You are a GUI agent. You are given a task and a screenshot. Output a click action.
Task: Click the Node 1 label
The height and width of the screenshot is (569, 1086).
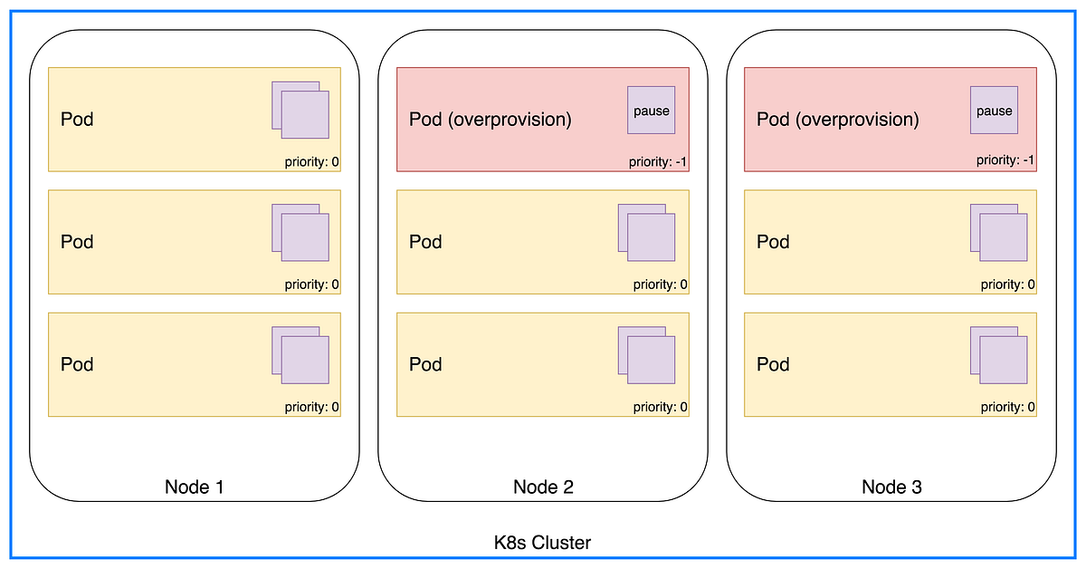tap(194, 487)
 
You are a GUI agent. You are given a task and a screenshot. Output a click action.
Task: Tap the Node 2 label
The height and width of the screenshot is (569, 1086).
tap(543, 487)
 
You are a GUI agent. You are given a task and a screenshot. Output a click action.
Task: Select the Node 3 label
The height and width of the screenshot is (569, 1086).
tap(891, 487)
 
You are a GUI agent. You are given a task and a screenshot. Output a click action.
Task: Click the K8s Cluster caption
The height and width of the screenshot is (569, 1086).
tap(542, 543)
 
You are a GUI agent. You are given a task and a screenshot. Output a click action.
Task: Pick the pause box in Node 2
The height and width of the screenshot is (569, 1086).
tap(652, 111)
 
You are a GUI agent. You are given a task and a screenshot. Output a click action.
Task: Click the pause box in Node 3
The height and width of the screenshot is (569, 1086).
tap(994, 111)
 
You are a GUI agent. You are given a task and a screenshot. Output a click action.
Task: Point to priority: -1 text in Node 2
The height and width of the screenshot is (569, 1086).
tap(659, 162)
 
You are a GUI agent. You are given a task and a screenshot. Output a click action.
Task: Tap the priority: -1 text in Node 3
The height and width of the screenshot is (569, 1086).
tap(1005, 160)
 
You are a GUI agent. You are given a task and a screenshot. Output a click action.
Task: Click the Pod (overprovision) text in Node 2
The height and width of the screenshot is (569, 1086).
tap(491, 120)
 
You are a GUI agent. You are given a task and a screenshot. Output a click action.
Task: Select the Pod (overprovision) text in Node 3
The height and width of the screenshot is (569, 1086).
tap(837, 120)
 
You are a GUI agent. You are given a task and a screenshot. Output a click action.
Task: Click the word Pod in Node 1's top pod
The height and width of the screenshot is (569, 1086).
tap(77, 120)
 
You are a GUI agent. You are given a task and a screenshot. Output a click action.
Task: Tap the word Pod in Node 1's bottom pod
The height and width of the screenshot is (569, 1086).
tap(77, 364)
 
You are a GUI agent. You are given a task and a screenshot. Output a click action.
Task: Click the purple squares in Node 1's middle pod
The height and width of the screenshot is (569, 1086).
tap(300, 233)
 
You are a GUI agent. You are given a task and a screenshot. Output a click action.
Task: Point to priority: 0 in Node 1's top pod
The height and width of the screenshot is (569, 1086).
tap(311, 162)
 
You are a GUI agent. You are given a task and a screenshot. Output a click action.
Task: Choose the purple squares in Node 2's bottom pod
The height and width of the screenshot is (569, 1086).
tap(647, 355)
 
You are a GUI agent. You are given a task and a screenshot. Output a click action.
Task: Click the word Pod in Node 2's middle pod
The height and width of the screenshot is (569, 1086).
tap(425, 242)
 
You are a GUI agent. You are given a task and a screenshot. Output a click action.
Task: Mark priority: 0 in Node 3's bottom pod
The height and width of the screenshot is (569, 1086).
tap(1008, 407)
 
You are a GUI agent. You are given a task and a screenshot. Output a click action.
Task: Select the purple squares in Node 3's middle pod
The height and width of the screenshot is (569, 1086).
tap(999, 233)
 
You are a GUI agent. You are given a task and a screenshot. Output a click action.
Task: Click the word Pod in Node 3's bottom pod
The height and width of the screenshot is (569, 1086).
tap(773, 364)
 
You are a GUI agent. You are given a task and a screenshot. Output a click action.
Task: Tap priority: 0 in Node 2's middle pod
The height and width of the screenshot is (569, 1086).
tap(661, 284)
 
